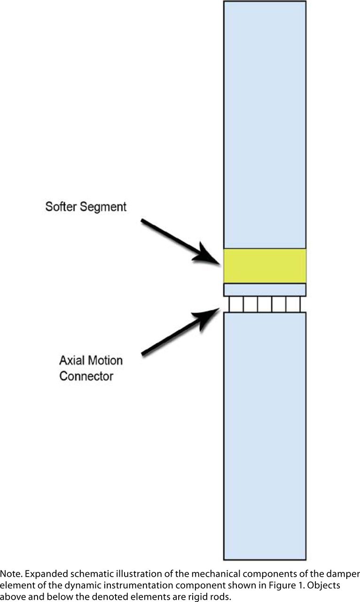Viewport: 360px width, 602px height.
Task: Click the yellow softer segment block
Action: tap(265, 266)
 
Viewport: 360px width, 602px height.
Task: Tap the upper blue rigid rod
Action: tap(265, 125)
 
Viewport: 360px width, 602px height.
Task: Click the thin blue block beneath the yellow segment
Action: tap(265, 290)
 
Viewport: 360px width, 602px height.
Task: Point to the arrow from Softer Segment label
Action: tap(180, 242)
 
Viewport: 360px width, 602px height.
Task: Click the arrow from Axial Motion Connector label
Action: tap(180, 332)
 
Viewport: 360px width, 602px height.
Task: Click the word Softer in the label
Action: tap(61, 206)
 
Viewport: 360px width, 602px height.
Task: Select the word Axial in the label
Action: tap(71, 360)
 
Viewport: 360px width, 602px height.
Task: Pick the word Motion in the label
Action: tap(104, 360)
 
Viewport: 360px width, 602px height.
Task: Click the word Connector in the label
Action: tap(86, 376)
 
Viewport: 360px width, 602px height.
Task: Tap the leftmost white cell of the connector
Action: tap(236, 304)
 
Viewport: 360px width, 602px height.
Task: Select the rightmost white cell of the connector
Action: tap(293, 304)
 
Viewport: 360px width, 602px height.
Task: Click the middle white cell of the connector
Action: tap(265, 304)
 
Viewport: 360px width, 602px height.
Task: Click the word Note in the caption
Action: tap(11, 574)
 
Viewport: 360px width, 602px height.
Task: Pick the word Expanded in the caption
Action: tap(47, 574)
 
